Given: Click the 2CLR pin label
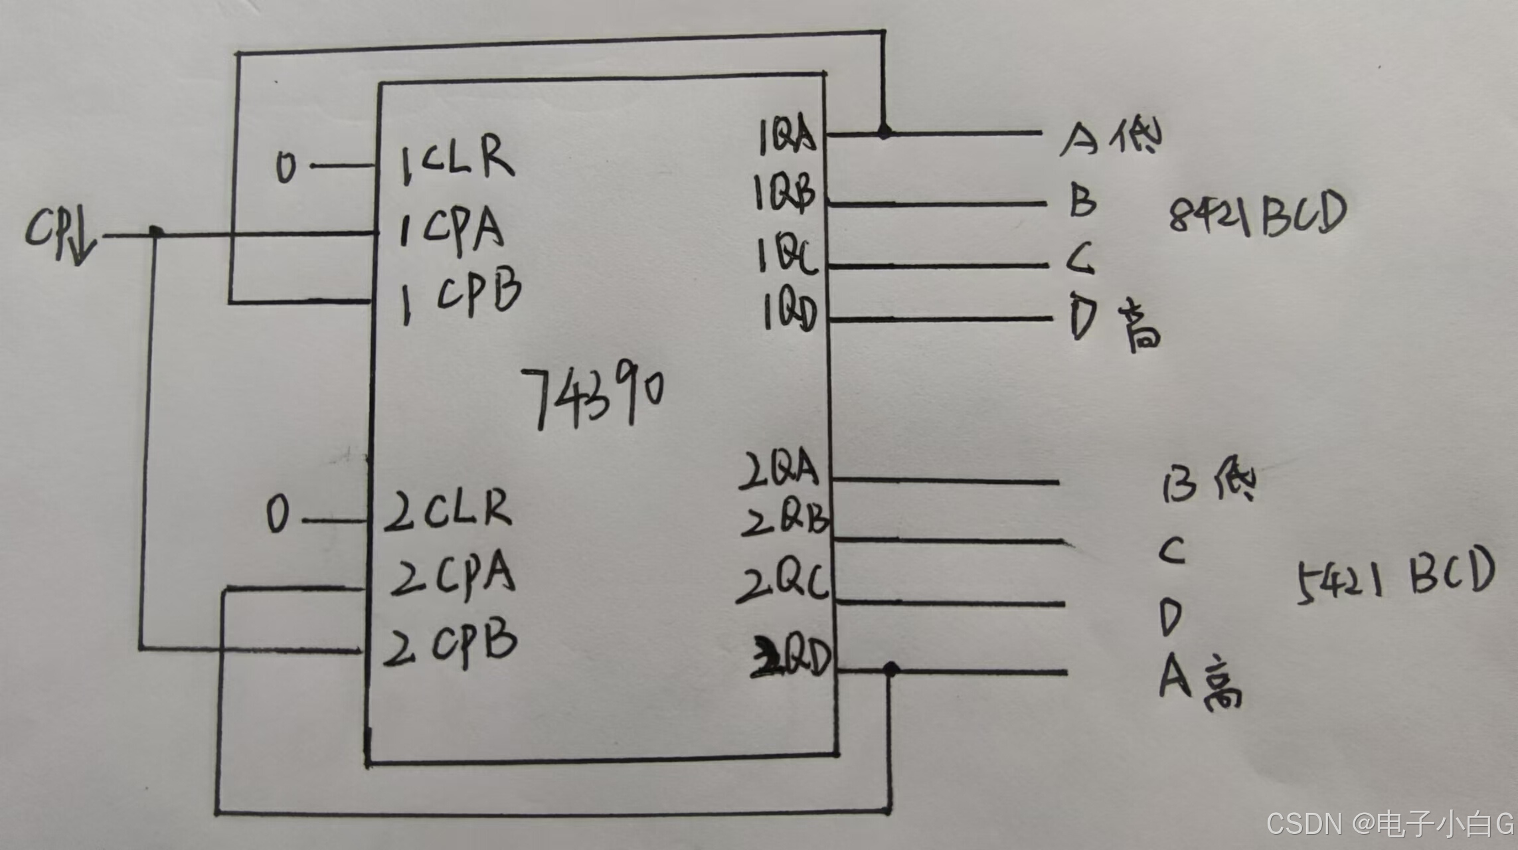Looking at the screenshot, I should pyautogui.click(x=448, y=510).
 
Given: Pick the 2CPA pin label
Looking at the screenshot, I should pyautogui.click(x=452, y=574).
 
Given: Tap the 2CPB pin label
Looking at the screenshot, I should pyautogui.click(x=450, y=642).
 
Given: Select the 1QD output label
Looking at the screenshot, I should pyautogui.click(x=790, y=312).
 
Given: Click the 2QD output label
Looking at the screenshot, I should pyautogui.click(x=792, y=657).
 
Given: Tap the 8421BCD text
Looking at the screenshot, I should pyautogui.click(x=1257, y=215).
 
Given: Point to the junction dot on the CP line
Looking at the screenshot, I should pyautogui.click(x=156, y=232).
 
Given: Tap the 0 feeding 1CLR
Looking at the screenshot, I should pyautogui.click(x=286, y=166).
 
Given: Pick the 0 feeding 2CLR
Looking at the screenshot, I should pyautogui.click(x=278, y=515).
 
